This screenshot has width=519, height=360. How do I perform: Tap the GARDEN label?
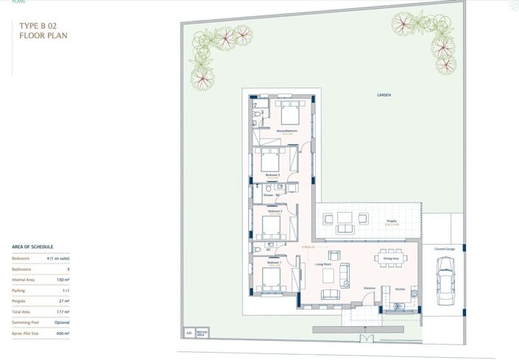tap(384, 96)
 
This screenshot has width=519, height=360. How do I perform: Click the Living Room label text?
tap(325, 263)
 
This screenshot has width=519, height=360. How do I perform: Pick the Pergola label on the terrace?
tap(392, 221)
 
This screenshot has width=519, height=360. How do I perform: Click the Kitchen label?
tap(400, 289)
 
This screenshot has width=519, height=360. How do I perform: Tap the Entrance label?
tap(370, 287)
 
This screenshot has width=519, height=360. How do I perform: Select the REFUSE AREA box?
tap(201, 333)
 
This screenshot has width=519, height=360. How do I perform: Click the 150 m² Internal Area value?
tap(64, 280)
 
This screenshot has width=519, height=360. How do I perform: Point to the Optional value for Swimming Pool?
tap(62, 322)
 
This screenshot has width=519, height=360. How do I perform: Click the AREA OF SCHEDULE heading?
tap(32, 247)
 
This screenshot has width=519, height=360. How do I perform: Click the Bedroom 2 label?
tap(275, 211)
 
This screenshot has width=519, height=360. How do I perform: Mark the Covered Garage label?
tap(445, 249)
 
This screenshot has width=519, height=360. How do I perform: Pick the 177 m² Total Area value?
tap(64, 312)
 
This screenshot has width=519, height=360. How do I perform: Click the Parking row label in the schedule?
tap(21, 290)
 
